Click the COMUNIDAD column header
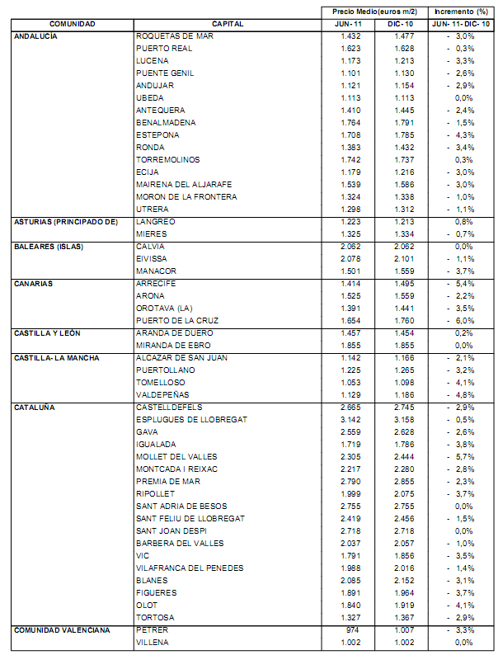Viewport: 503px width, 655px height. pyautogui.click(x=72, y=25)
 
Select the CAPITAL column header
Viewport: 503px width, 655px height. pyautogui.click(x=227, y=25)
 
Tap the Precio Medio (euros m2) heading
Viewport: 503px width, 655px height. pyautogui.click(x=374, y=12)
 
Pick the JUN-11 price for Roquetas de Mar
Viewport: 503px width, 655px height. pyautogui.click(x=351, y=36)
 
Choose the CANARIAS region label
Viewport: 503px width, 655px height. pyautogui.click(x=34, y=284)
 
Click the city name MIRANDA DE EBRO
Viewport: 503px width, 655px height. pyautogui.click(x=169, y=346)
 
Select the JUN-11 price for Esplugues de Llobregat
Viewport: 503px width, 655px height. pyautogui.click(x=351, y=420)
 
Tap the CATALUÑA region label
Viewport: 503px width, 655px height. pyautogui.click(x=35, y=408)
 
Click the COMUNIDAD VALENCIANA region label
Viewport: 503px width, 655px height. pyautogui.click(x=61, y=630)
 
